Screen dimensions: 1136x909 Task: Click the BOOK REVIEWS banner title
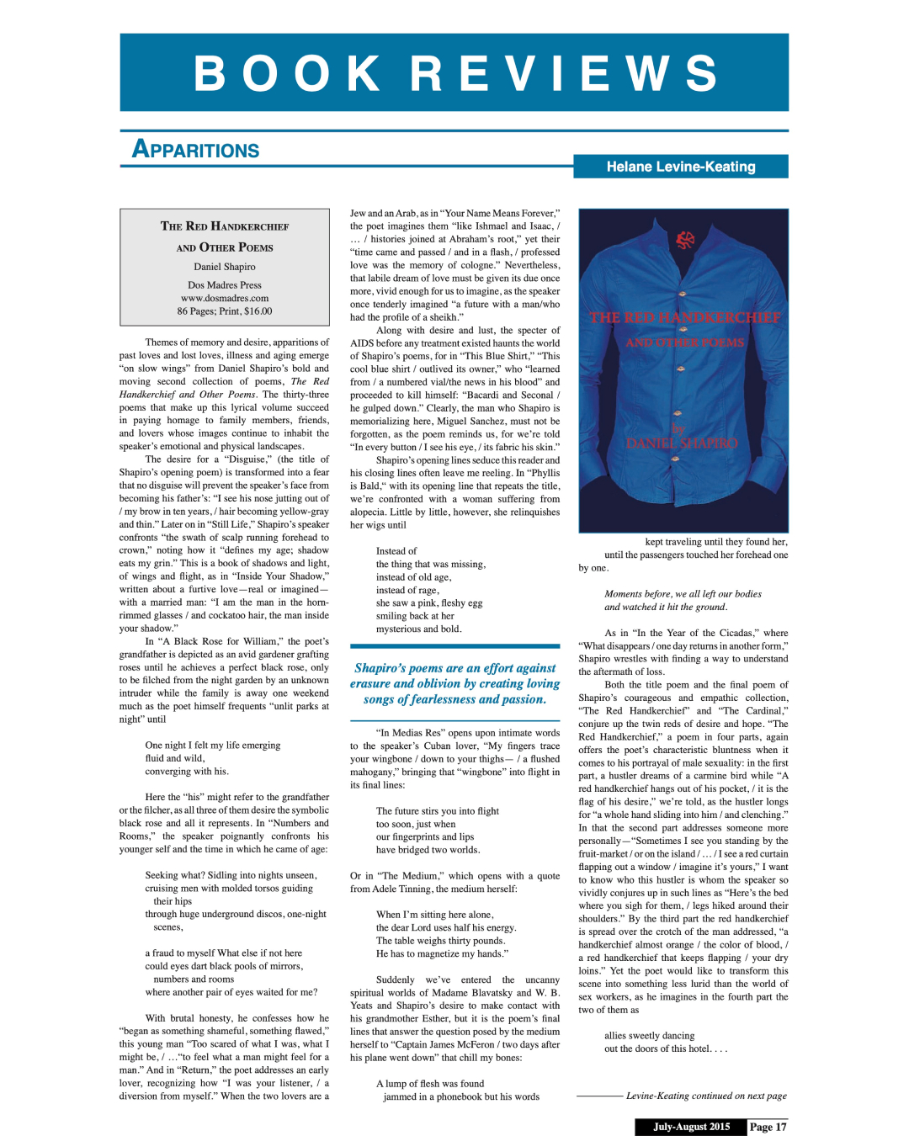click(455, 73)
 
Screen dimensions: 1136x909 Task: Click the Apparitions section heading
click(196, 150)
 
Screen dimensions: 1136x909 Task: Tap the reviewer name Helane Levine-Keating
click(680, 167)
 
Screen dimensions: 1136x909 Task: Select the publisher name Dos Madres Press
click(225, 285)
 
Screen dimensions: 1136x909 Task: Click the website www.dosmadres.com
click(225, 298)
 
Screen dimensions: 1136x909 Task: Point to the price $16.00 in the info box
click(258, 311)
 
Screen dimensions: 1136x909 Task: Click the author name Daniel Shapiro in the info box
click(225, 267)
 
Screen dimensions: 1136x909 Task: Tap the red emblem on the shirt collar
click(684, 240)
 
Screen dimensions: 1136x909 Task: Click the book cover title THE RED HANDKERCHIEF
click(684, 318)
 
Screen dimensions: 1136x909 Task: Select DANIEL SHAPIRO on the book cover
click(681, 443)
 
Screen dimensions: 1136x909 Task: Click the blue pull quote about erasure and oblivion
click(454, 683)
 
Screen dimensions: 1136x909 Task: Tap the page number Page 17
click(768, 1127)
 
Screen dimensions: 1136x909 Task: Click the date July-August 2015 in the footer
click(691, 1127)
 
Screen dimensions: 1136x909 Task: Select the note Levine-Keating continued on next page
click(705, 1096)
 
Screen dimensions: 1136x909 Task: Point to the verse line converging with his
click(186, 771)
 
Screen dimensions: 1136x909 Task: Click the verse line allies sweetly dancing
click(649, 1036)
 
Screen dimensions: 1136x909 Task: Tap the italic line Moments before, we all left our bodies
click(682, 594)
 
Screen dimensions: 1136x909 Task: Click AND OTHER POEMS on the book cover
click(684, 342)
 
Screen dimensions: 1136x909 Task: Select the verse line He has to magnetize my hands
click(441, 953)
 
